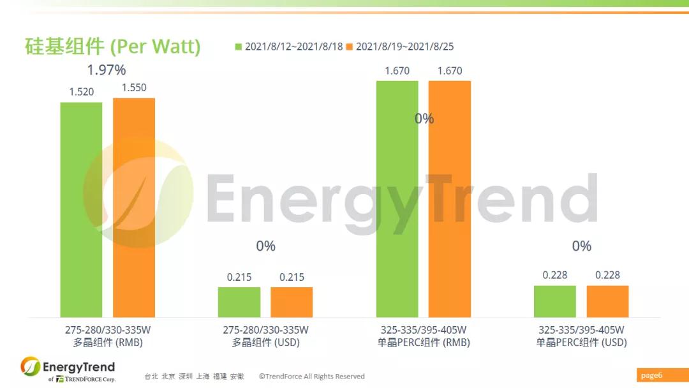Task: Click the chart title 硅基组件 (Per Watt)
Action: pyautogui.click(x=112, y=47)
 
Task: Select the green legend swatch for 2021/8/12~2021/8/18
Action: pyautogui.click(x=239, y=47)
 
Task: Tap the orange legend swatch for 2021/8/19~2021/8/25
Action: pyautogui.click(x=350, y=47)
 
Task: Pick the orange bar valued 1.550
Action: pyautogui.click(x=134, y=207)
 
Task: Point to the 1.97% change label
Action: pyautogui.click(x=107, y=69)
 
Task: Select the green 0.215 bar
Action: pyautogui.click(x=239, y=302)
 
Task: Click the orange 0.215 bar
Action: pyautogui.click(x=292, y=302)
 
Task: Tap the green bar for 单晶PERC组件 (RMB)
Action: pyautogui.click(x=397, y=198)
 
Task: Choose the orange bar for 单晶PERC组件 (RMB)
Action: pyautogui.click(x=450, y=198)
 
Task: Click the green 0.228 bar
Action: pyautogui.click(x=555, y=301)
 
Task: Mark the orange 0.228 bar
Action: pyautogui.click(x=607, y=301)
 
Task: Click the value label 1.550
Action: pyautogui.click(x=134, y=88)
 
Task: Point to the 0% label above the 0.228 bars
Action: pyautogui.click(x=581, y=246)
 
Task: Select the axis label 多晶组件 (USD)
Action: pyautogui.click(x=265, y=343)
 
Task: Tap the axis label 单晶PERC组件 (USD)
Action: pyautogui.click(x=581, y=343)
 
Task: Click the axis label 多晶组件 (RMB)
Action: pyautogui.click(x=108, y=343)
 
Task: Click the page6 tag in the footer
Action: pyautogui.click(x=651, y=375)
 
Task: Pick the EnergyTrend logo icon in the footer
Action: pyautogui.click(x=30, y=367)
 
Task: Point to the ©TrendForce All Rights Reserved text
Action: pyautogui.click(x=311, y=377)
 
